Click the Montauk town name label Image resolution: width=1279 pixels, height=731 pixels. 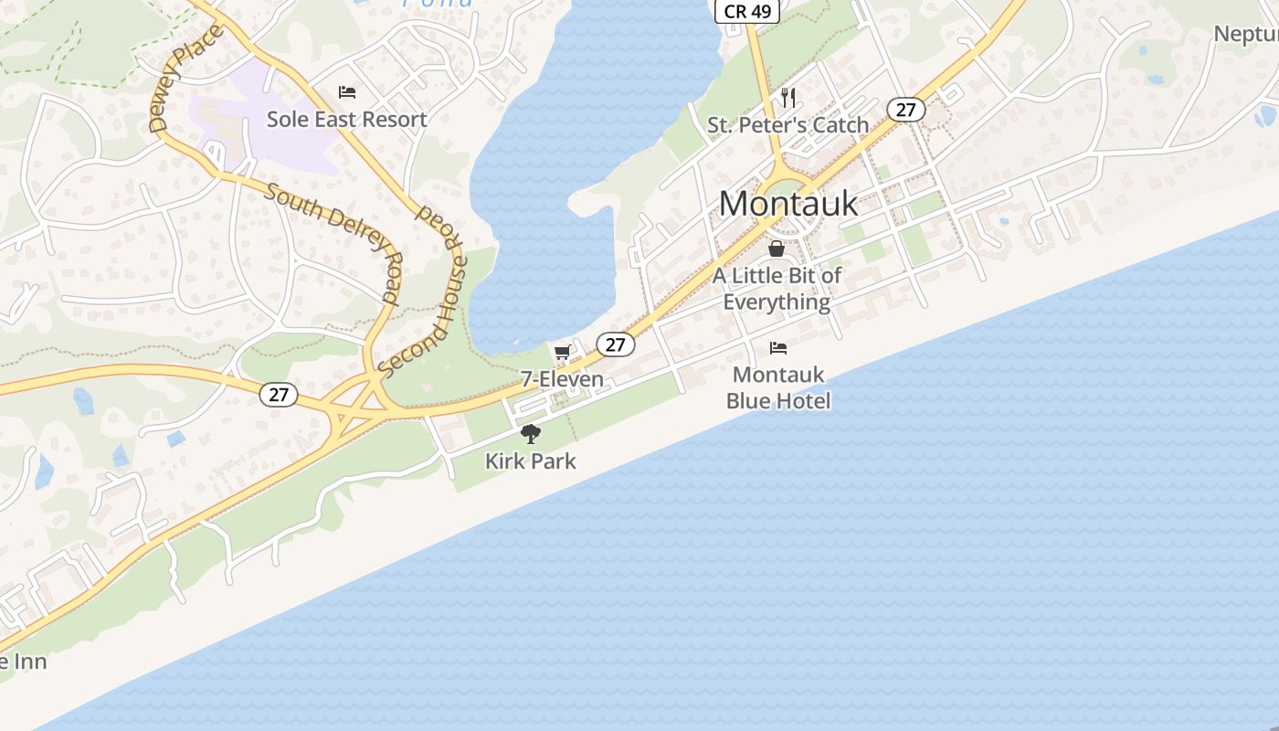[x=788, y=203]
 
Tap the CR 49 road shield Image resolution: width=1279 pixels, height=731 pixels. [x=746, y=11]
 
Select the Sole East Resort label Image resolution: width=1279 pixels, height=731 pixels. [x=346, y=120]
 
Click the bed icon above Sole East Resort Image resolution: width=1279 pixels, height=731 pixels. [x=347, y=91]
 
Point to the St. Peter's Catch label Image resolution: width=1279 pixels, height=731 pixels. [x=787, y=125]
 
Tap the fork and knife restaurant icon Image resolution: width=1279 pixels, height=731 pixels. [x=788, y=97]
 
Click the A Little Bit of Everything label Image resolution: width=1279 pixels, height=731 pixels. [x=777, y=288]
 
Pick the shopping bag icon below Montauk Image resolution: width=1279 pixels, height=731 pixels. [x=777, y=249]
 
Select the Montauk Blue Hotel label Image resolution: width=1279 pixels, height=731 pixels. [x=778, y=387]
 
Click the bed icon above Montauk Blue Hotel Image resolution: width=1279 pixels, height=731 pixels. [x=778, y=347]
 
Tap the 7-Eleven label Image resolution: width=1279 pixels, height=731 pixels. [x=562, y=378]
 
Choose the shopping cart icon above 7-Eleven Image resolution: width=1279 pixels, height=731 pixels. [x=562, y=352]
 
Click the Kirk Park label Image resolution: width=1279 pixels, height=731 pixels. [x=530, y=461]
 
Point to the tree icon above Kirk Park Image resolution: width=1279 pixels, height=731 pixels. [x=530, y=434]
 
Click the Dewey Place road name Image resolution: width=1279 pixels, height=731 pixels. [x=185, y=79]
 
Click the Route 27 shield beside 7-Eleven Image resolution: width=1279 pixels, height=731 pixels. [x=616, y=344]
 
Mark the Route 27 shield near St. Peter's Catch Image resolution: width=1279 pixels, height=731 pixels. [x=905, y=110]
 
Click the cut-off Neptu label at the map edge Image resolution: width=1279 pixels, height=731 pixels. [x=1245, y=34]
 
